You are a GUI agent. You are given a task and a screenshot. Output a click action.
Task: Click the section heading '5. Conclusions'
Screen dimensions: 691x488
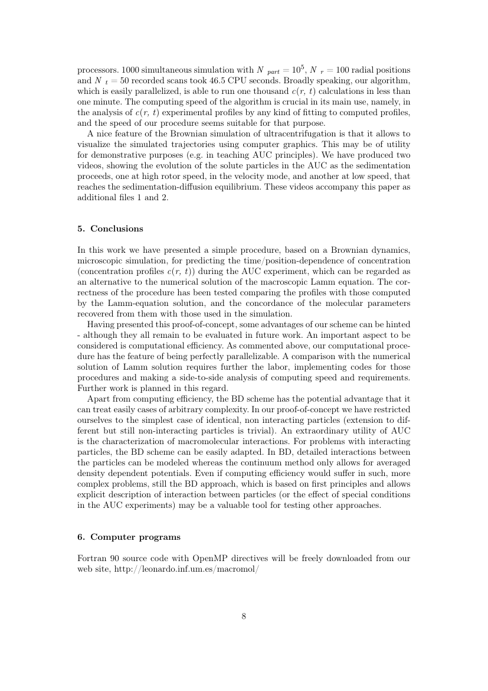pos(110,229)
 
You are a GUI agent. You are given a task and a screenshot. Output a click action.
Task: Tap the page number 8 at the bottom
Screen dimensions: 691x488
pos(244,617)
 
